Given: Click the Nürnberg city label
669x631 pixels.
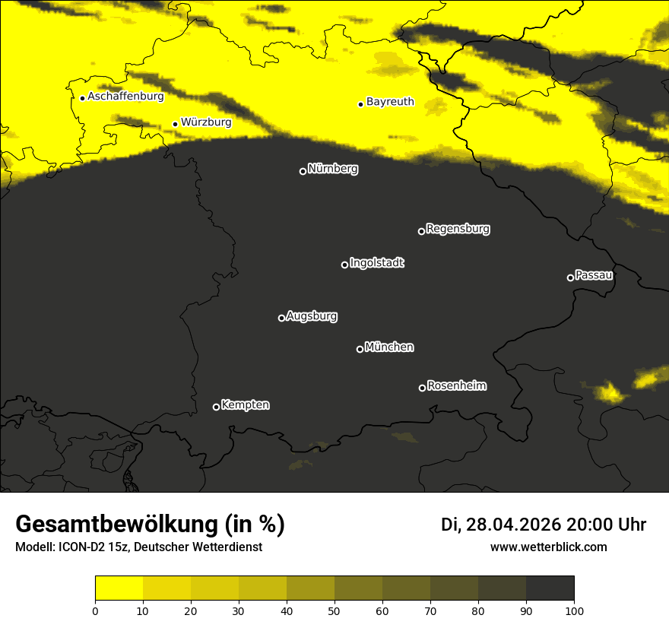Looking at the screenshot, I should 332,169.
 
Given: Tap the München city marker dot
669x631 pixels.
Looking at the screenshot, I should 360,349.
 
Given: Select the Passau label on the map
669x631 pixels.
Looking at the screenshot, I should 594,275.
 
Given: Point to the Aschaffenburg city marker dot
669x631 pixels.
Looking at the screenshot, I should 82,98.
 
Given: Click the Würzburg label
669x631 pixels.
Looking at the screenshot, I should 206,122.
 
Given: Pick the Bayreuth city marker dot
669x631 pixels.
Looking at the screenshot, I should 360,104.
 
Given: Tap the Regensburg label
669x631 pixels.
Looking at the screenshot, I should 458,228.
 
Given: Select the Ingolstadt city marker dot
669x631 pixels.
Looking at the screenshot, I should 344,265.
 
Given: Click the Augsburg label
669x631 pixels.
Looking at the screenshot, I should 311,315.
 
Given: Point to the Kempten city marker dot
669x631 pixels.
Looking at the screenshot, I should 216,407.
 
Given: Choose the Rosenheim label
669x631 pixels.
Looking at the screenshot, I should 456,385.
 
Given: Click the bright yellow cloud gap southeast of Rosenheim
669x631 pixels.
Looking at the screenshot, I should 610,393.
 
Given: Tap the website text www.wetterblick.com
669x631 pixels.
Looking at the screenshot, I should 548,547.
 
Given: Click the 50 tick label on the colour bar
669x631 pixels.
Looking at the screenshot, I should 334,610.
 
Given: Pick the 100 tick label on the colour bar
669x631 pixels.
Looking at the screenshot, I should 574,610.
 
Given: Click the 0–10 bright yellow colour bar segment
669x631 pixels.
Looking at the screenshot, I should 119,588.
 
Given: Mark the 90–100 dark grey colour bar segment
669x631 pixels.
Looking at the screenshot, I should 550,588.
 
